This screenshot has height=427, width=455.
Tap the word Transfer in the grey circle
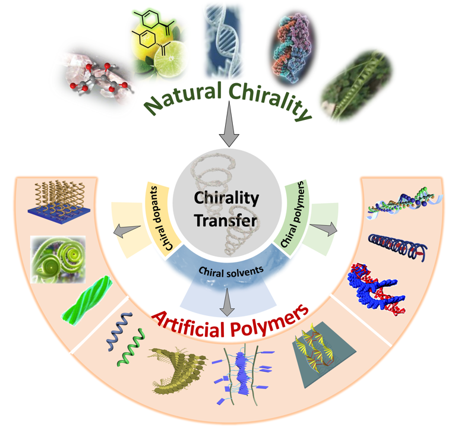tap(227, 220)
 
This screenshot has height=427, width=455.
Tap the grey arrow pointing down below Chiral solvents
tap(226, 305)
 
